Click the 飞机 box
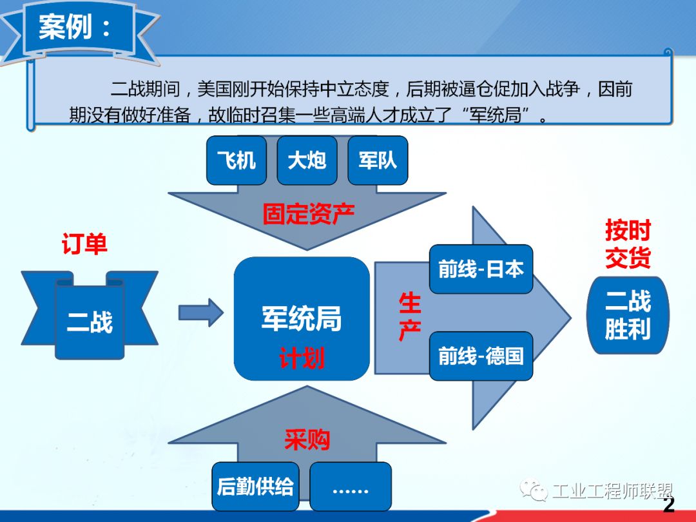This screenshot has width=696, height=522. tap(237, 160)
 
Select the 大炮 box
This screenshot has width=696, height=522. tap(307, 160)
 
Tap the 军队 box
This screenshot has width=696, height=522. tap(378, 160)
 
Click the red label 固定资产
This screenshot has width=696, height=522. tap(308, 214)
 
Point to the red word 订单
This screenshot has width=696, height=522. tap(84, 244)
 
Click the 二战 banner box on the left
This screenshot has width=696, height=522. tap(90, 314)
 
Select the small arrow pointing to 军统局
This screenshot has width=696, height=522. tap(200, 313)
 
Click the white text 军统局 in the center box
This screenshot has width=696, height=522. tap(302, 319)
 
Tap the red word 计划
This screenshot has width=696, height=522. tap(302, 358)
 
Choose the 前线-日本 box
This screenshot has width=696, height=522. tap(481, 269)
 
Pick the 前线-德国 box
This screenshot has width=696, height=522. tap(481, 356)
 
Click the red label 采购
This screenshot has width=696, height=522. tap(307, 440)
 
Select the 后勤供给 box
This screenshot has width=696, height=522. tap(255, 487)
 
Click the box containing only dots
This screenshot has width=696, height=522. tap(351, 487)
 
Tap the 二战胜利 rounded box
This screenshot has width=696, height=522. tap(628, 315)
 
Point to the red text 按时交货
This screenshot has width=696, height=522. tap(628, 244)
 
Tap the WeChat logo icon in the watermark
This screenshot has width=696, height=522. tap(534, 490)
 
